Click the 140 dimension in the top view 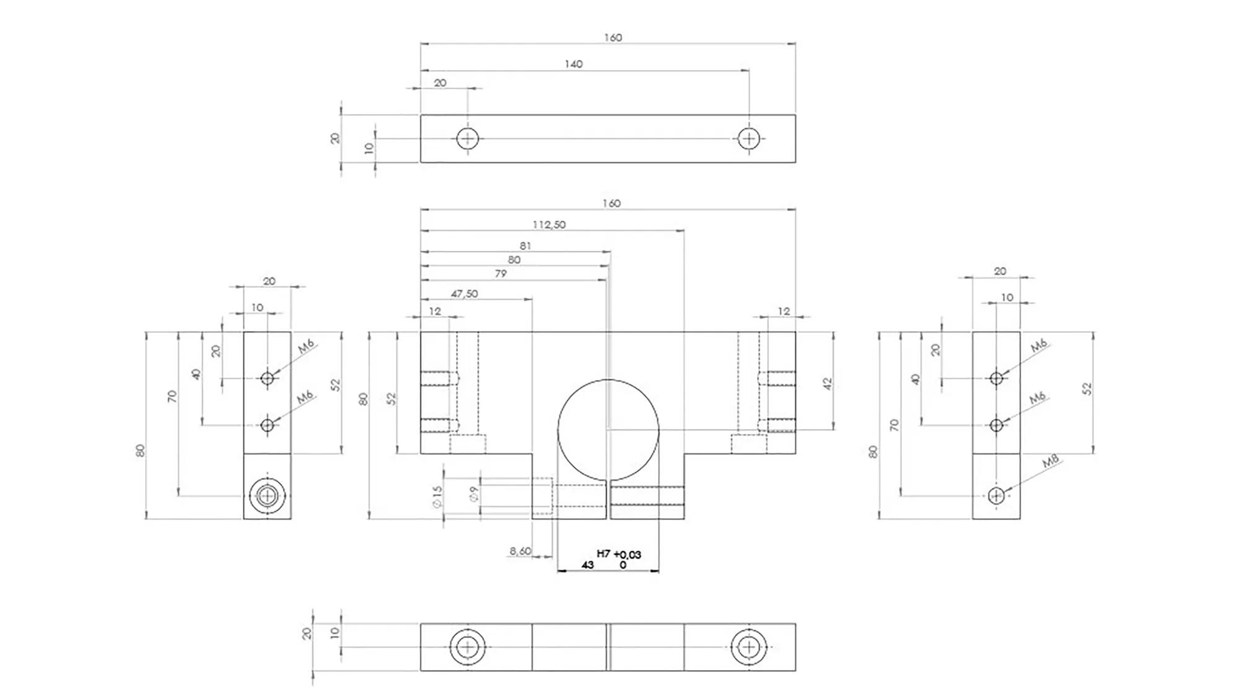click(x=573, y=64)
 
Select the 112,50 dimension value click(x=549, y=224)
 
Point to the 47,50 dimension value click(x=464, y=293)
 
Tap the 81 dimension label click(x=525, y=246)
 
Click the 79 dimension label click(x=501, y=273)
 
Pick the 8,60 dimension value click(x=520, y=550)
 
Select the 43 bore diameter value click(x=587, y=565)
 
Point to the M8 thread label click(x=1051, y=461)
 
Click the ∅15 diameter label click(x=437, y=497)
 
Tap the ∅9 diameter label click(x=474, y=494)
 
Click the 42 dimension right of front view click(x=828, y=384)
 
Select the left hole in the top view click(x=468, y=138)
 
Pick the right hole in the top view click(x=749, y=138)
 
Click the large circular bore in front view click(x=608, y=430)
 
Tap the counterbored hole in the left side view click(x=267, y=495)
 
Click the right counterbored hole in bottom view click(x=749, y=647)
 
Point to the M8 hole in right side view click(x=996, y=495)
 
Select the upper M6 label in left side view click(x=306, y=346)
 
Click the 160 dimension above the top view click(x=612, y=38)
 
